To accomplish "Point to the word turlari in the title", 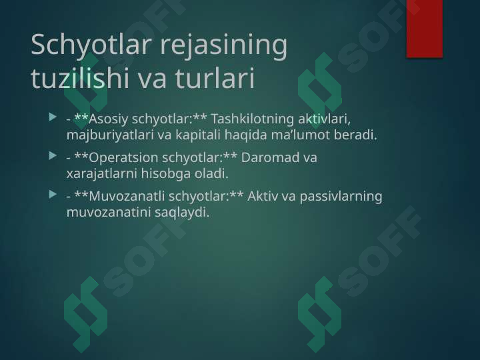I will tap(215, 79).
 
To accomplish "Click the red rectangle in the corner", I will tap(425, 28).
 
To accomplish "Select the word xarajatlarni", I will tap(99, 175).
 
